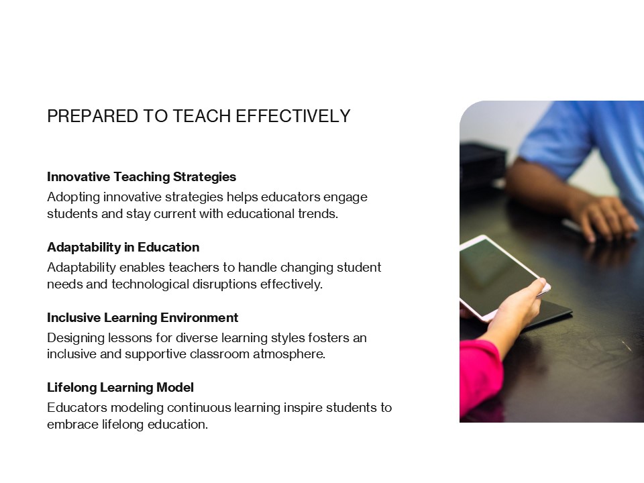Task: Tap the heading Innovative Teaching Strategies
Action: point(142,177)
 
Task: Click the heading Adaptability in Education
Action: point(123,248)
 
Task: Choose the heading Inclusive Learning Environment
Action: point(142,317)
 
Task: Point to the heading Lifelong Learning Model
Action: point(120,387)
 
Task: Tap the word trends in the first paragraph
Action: point(315,215)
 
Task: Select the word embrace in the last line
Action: point(70,425)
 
